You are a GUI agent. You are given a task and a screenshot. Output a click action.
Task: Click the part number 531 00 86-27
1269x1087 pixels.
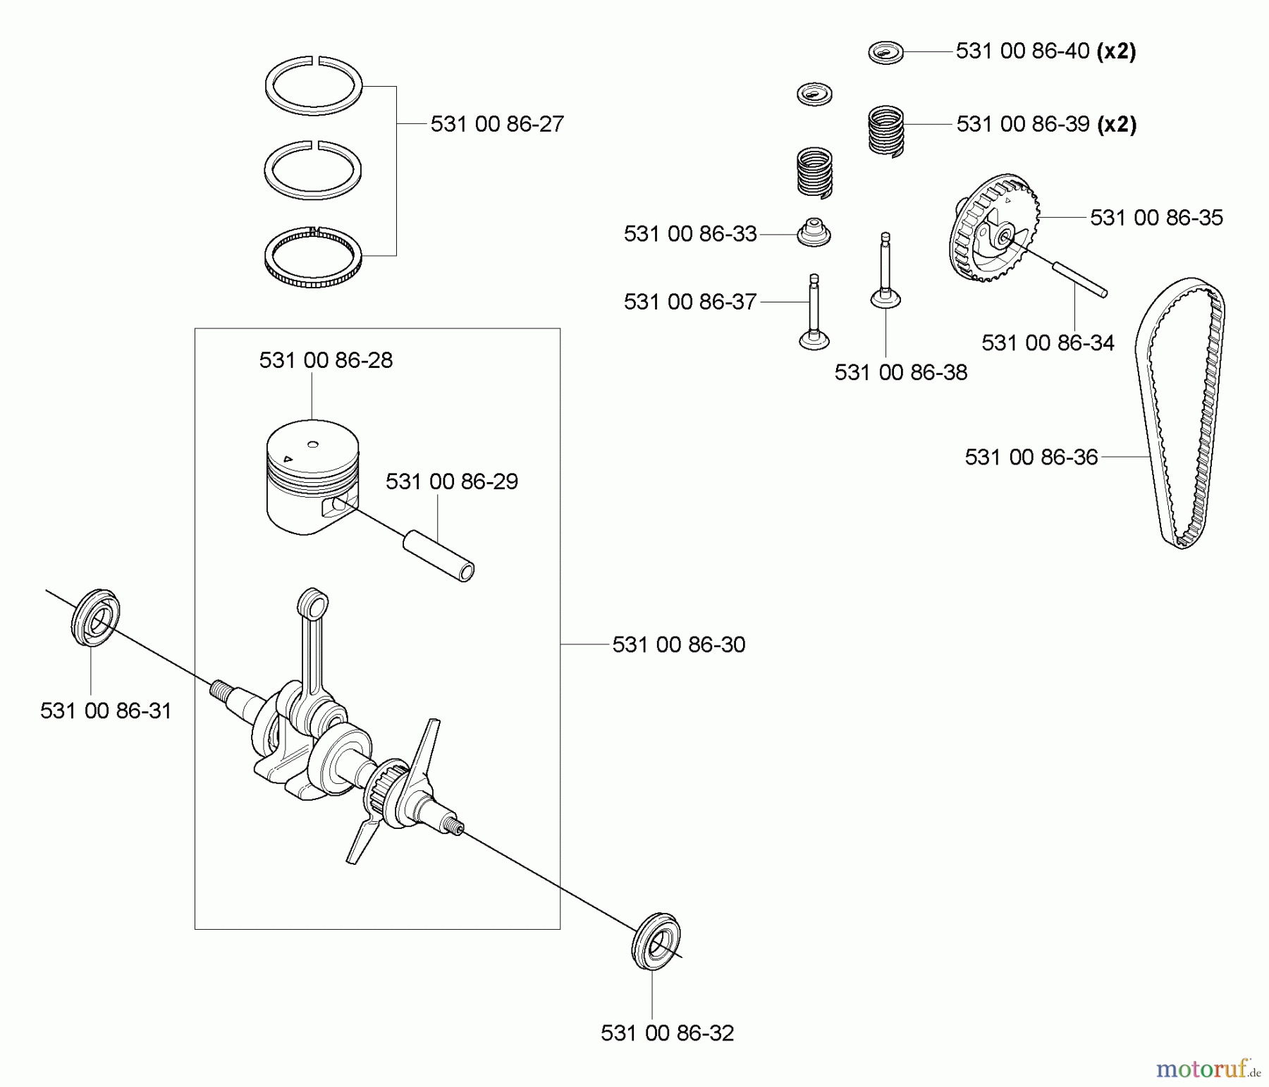[x=497, y=124]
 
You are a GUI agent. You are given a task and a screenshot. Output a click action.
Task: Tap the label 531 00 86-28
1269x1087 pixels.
[x=326, y=360]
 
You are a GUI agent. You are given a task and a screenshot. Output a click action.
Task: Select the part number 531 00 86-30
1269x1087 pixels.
[x=678, y=644]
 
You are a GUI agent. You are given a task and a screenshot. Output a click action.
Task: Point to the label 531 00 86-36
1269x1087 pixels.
[x=1031, y=457]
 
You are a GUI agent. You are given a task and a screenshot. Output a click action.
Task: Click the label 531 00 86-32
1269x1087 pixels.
[x=667, y=1033]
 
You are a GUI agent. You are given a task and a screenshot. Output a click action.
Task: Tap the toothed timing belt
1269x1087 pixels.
[x=1181, y=412]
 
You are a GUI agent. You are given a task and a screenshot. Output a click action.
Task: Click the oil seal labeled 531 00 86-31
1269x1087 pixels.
[x=95, y=615]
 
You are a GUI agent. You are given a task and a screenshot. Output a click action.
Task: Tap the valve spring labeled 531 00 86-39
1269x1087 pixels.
[x=885, y=130]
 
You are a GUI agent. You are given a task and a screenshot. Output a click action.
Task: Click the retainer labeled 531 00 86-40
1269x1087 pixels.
[x=885, y=52]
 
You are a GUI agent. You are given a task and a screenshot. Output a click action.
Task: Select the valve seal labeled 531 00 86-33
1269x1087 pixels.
[x=814, y=232]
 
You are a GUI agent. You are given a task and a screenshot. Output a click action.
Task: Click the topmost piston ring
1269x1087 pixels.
[x=313, y=85]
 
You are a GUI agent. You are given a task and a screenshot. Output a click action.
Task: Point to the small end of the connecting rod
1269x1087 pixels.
[x=314, y=604]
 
